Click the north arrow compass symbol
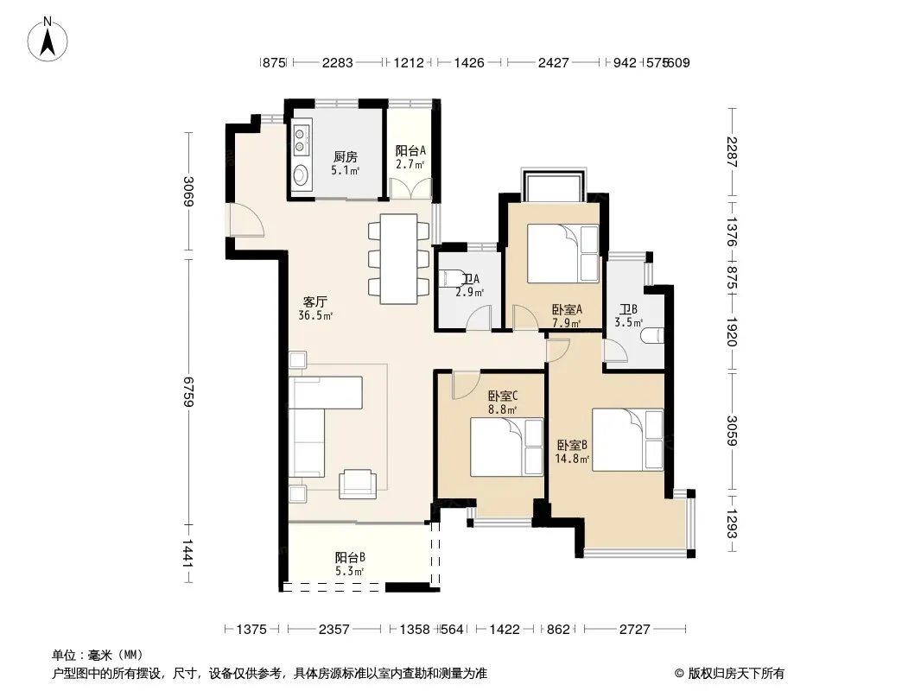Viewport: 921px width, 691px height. [x=48, y=39]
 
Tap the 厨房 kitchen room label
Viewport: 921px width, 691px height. [x=346, y=156]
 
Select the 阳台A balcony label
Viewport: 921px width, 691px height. [x=410, y=150]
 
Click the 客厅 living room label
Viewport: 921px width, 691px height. [x=314, y=301]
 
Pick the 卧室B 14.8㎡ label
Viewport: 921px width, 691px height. [x=573, y=452]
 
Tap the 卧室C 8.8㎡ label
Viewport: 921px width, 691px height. [x=503, y=403]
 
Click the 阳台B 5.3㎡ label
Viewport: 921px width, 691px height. [x=350, y=564]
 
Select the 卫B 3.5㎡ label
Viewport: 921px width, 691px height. [x=628, y=315]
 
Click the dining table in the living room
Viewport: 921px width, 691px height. [x=399, y=259]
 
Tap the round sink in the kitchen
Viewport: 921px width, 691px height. [x=301, y=174]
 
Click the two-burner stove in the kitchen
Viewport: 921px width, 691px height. [x=301, y=140]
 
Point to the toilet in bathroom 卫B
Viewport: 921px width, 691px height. [x=653, y=336]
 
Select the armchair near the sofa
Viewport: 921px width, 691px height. [x=358, y=485]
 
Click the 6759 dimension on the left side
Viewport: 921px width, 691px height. [x=188, y=391]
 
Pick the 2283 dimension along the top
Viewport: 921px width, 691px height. [x=337, y=62]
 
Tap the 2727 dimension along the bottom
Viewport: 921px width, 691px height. [x=634, y=630]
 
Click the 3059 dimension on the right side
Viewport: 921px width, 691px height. [x=731, y=430]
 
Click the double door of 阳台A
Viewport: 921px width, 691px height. [x=410, y=188]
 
